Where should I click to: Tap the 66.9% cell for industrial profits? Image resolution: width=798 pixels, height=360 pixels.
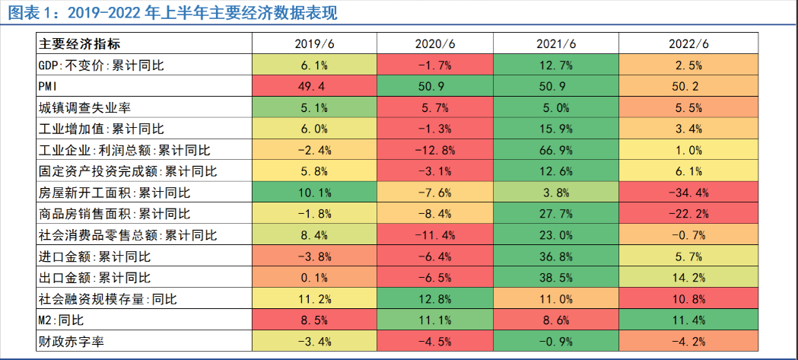[556, 150]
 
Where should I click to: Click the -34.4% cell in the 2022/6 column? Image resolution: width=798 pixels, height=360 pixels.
[688, 193]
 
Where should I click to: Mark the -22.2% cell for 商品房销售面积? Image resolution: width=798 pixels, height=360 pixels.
[688, 214]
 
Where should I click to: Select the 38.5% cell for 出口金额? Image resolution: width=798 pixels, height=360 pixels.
[556, 277]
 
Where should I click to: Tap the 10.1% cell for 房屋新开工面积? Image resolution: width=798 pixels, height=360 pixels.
[314, 193]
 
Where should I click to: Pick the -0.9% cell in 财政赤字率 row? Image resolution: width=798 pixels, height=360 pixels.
[556, 341]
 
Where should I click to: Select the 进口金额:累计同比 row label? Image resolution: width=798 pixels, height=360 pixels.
[94, 256]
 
